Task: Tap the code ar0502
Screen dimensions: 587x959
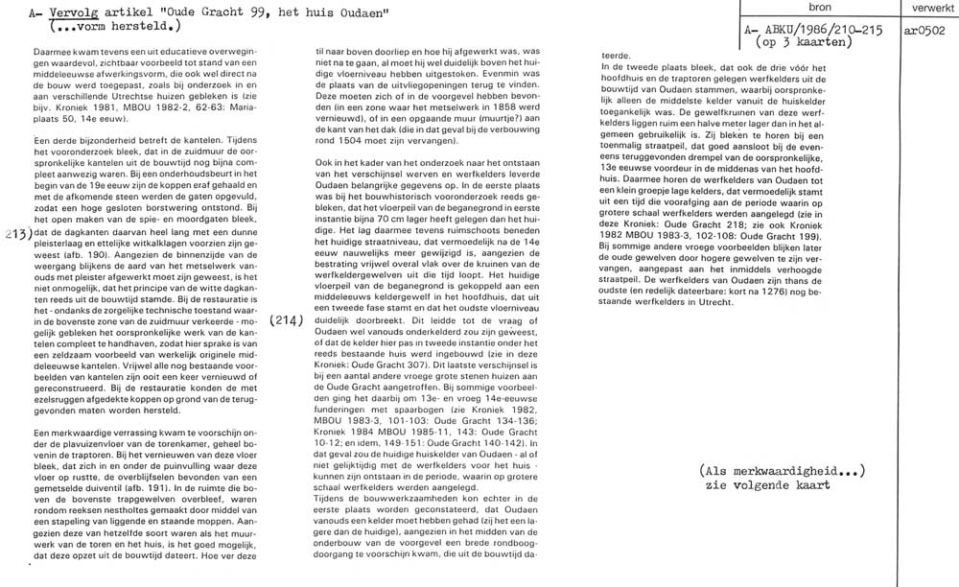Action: [924, 31]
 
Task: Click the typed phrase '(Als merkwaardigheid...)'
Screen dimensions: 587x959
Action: [784, 470]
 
